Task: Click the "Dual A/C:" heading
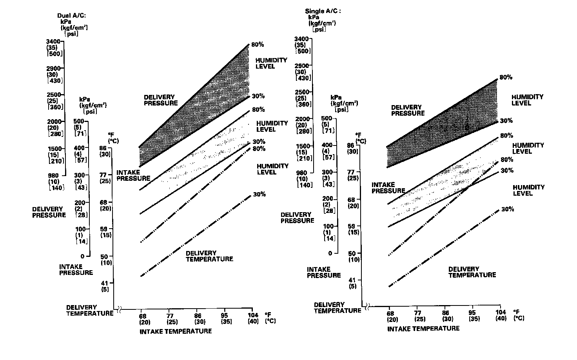[71, 15]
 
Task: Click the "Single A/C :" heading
[323, 11]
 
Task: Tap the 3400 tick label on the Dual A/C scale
[53, 41]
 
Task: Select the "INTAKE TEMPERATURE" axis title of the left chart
[176, 331]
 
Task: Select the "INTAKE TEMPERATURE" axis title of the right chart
[423, 328]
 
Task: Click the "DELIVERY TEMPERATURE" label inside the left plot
[209, 256]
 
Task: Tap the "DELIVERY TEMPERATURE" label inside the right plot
[472, 272]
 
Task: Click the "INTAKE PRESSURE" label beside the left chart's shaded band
[133, 175]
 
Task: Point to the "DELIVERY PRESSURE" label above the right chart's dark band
[408, 110]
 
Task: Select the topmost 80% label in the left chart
[258, 45]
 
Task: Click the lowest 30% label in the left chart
[259, 194]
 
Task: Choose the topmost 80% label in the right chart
[506, 77]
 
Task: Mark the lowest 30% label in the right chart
[507, 209]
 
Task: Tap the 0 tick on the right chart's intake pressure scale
[330, 253]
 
